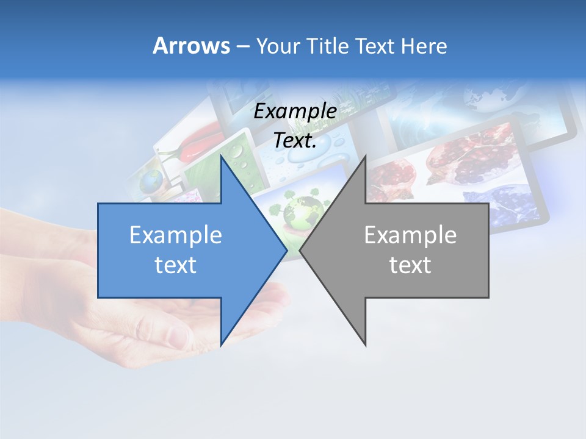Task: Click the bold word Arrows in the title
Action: [191, 46]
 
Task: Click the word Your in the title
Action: [278, 46]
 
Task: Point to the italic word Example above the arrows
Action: [295, 112]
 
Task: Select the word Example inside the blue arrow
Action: [176, 235]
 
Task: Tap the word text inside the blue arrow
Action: [176, 265]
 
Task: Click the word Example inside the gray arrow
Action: [410, 235]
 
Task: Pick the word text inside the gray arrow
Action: [410, 265]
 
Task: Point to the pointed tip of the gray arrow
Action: [301, 250]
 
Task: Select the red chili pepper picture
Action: [198, 139]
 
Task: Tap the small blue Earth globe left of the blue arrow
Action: [151, 180]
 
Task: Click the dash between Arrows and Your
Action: [242, 46]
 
